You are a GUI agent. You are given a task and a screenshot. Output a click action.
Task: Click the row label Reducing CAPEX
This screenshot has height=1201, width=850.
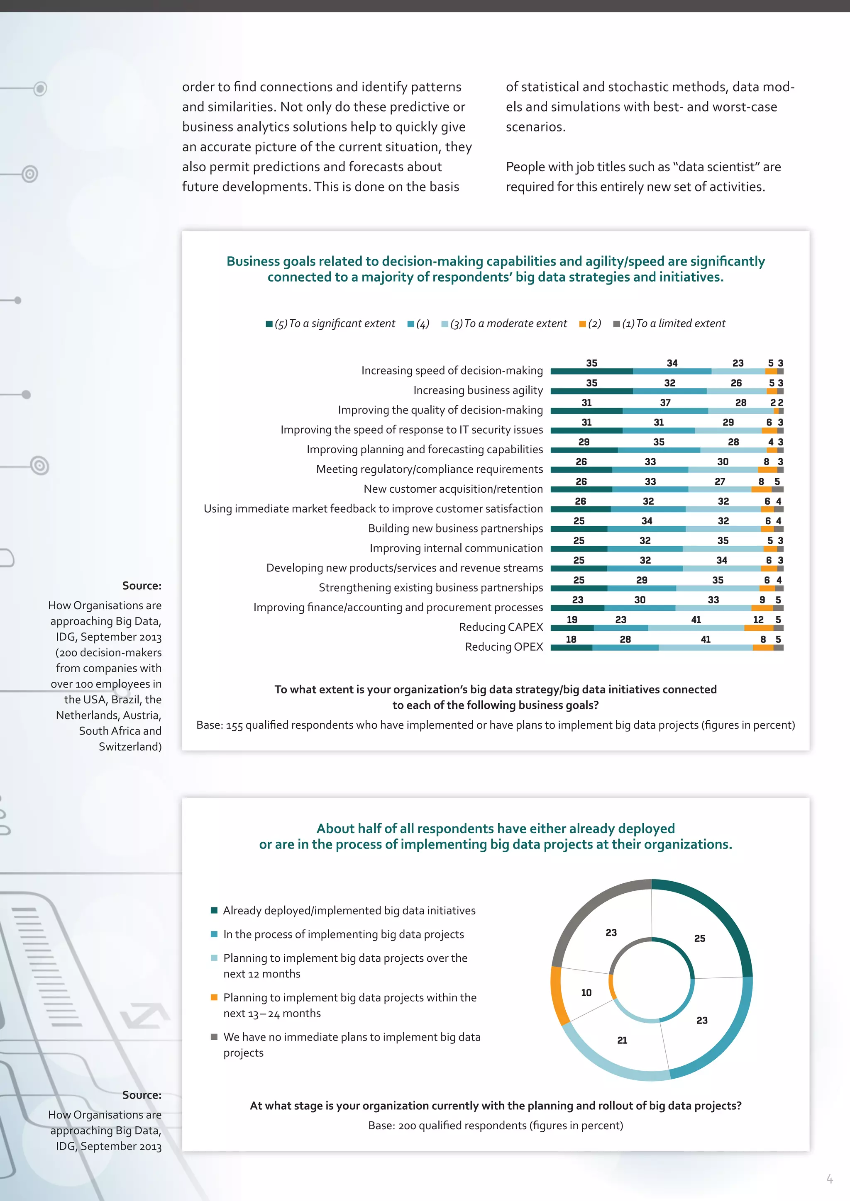coord(501,627)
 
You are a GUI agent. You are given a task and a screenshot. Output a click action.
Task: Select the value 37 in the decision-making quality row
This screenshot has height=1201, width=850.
coord(665,402)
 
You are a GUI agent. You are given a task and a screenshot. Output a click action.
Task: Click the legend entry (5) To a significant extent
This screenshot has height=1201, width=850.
coord(330,324)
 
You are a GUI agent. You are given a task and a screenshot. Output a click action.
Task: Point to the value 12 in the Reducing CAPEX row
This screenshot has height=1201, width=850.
coord(758,619)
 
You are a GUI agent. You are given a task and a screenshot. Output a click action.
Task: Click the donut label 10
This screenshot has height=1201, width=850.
coord(586,992)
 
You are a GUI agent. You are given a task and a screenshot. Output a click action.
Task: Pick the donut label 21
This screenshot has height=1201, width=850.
coord(622,1040)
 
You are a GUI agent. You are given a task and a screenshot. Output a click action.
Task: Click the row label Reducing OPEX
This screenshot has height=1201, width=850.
coord(503,647)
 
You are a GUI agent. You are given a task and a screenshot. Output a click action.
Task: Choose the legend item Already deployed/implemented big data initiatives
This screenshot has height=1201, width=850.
coord(349,910)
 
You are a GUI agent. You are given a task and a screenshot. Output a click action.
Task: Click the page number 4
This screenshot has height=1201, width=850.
coord(829,1179)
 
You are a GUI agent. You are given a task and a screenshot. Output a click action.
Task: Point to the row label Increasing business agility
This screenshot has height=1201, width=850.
coord(478,390)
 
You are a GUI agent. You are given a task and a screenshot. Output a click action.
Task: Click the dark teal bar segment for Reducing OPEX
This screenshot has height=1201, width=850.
coord(571,648)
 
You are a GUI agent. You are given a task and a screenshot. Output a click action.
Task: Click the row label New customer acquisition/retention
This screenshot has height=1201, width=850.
coord(453,489)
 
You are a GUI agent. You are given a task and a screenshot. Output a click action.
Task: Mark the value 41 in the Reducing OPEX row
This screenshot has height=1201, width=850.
coord(706,639)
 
